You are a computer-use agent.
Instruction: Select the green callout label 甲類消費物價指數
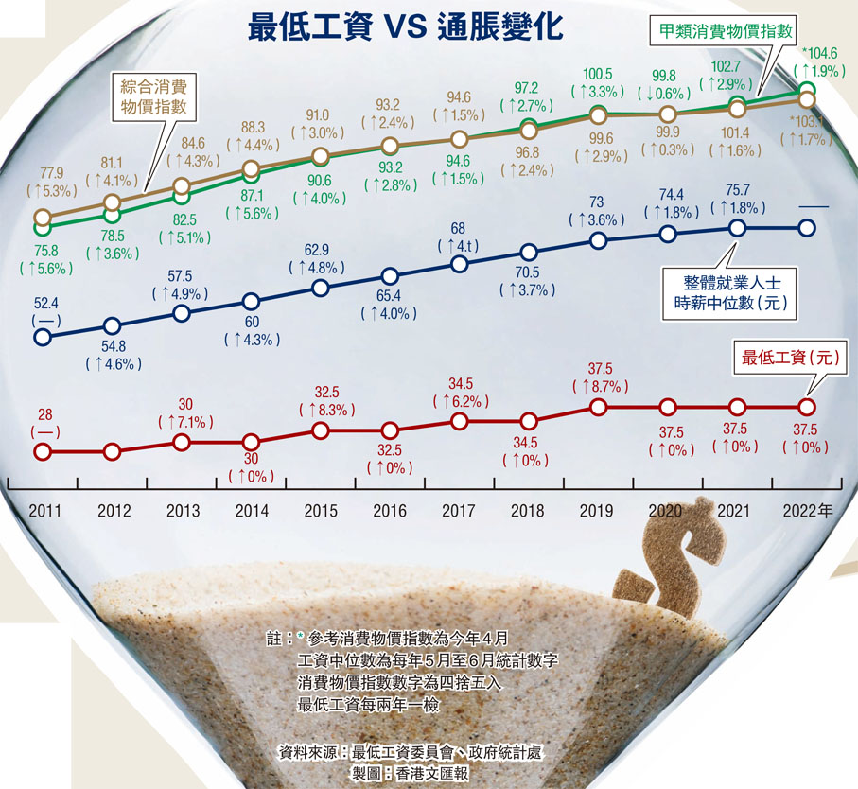tap(727, 28)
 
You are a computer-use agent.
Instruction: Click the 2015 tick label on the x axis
tap(321, 511)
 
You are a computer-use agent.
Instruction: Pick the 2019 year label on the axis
tap(597, 511)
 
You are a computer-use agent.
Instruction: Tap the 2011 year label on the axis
tap(44, 511)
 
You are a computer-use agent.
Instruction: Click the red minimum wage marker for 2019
tap(598, 407)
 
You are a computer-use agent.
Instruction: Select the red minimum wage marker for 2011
tap(42, 451)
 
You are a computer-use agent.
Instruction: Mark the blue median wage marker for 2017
tap(459, 264)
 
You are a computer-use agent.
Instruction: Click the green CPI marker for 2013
tap(182, 196)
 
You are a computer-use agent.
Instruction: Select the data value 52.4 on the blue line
tap(44, 303)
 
